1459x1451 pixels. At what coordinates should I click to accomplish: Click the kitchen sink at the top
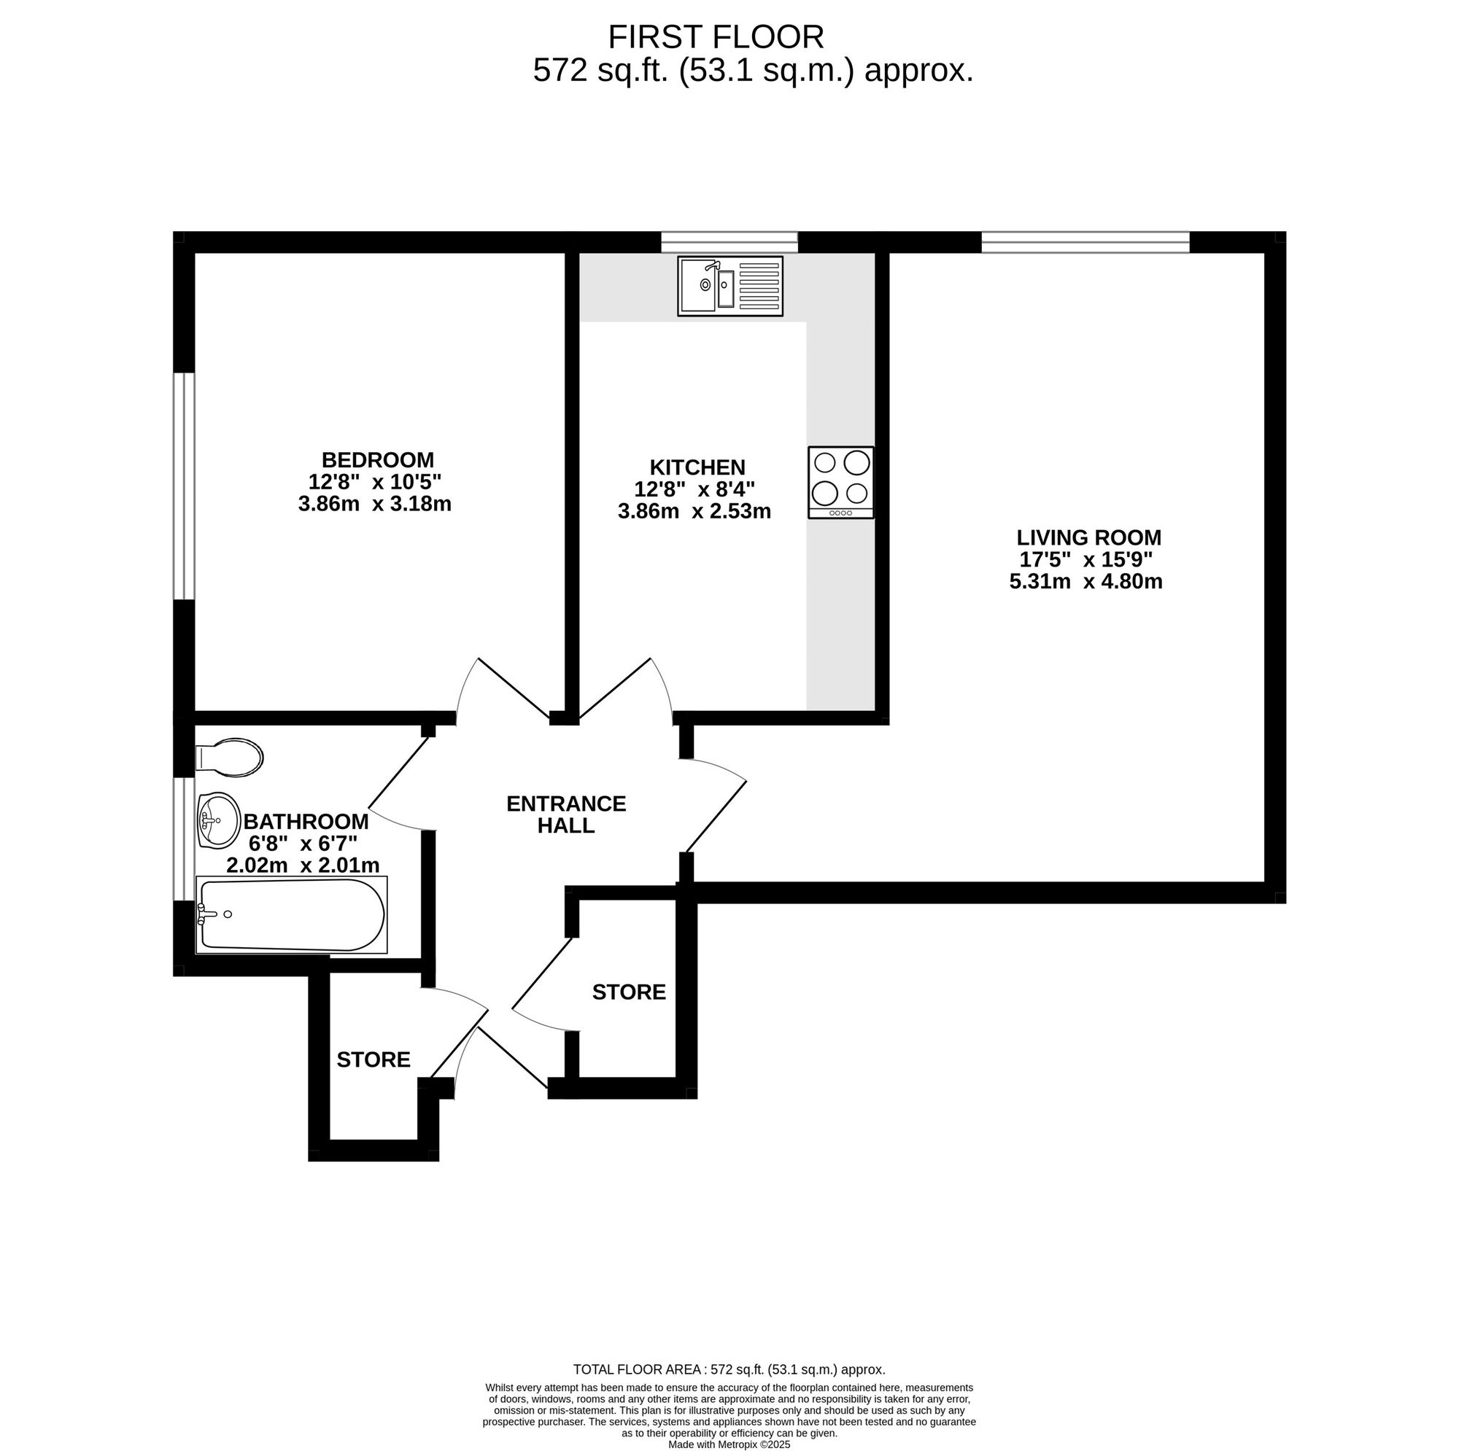click(x=730, y=286)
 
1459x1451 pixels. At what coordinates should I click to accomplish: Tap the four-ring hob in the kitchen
click(x=840, y=483)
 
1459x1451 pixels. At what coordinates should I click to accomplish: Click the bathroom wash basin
click(x=218, y=820)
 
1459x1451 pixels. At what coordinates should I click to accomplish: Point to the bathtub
click(x=292, y=915)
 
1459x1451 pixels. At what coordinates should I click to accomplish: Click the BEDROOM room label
click(x=378, y=460)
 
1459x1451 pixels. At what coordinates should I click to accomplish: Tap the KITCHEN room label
click(x=697, y=467)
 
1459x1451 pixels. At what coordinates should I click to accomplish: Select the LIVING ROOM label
click(x=1088, y=537)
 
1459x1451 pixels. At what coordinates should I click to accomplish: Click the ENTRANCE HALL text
click(x=566, y=814)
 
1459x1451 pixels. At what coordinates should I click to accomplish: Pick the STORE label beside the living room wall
click(x=629, y=992)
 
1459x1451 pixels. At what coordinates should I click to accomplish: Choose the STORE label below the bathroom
click(x=374, y=1060)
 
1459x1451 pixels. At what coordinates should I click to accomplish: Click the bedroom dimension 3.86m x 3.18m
click(x=374, y=505)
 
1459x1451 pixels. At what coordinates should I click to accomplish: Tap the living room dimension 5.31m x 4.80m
click(x=1086, y=581)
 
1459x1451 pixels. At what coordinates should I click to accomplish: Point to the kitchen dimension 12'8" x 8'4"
click(x=694, y=489)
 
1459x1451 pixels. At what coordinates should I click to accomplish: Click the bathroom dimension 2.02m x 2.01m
click(x=303, y=865)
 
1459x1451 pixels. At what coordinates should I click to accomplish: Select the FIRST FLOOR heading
click(x=716, y=37)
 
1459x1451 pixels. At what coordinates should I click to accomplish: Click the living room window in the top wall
click(x=1085, y=241)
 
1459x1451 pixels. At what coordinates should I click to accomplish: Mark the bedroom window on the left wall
click(x=185, y=486)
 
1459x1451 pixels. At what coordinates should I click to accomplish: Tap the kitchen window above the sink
click(x=729, y=241)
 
